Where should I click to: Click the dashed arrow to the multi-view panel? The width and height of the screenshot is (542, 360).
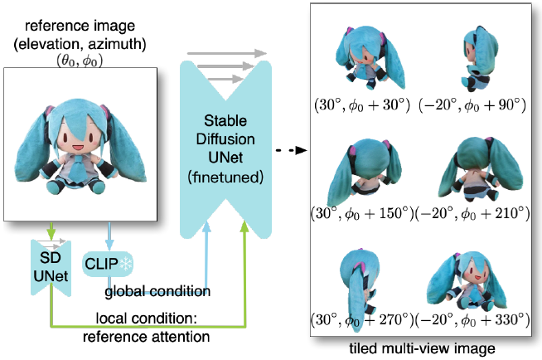[286, 151]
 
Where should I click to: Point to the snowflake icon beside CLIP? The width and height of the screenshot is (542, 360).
[128, 265]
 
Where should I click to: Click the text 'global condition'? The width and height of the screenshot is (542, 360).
[157, 291]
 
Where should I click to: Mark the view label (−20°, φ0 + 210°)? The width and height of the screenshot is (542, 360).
[473, 214]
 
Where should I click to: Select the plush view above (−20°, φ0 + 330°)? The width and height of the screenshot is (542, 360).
[472, 280]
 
